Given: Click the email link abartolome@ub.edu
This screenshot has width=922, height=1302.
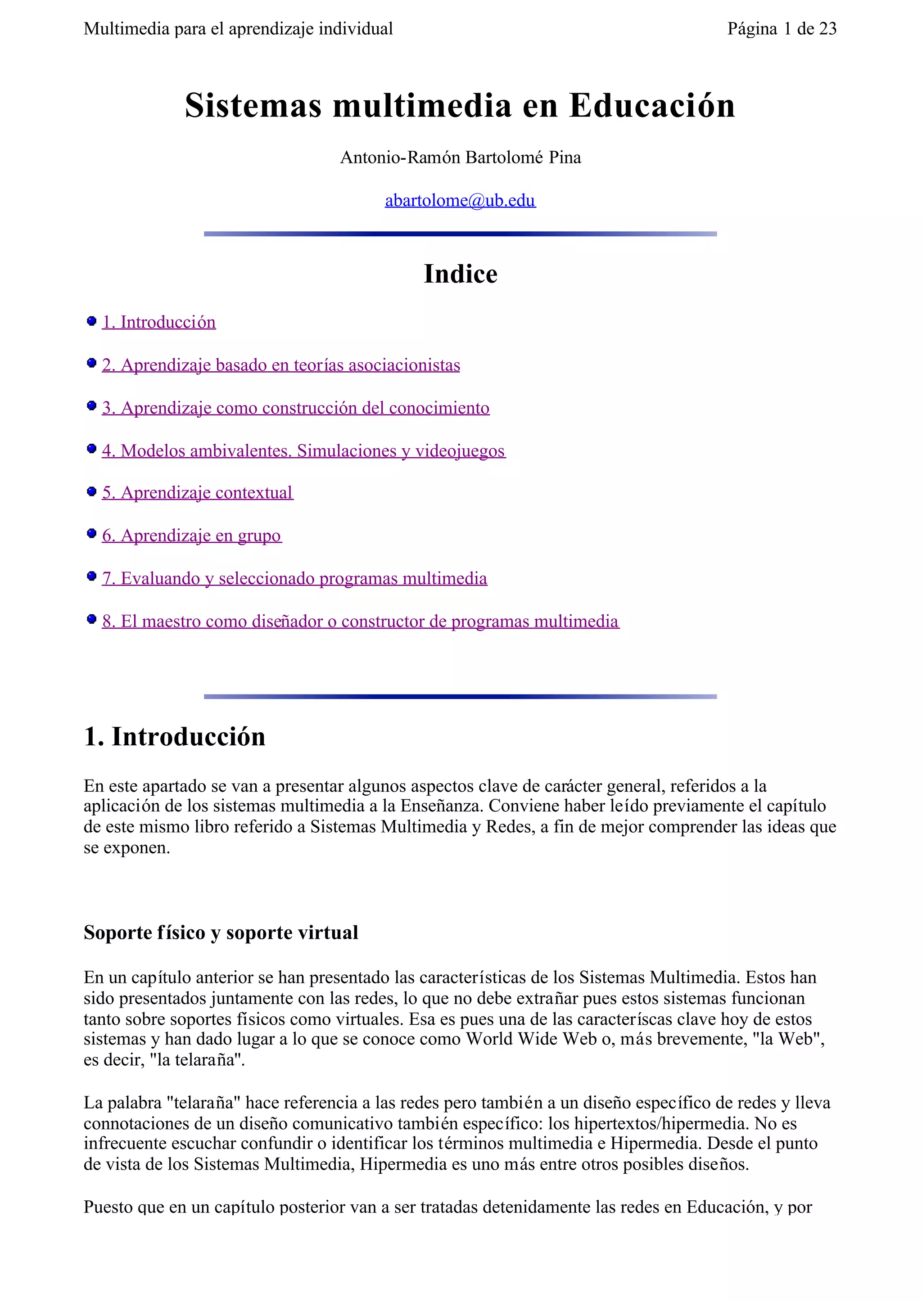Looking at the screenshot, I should point(460,200).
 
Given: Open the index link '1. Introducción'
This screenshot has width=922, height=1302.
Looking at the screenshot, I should point(159,322).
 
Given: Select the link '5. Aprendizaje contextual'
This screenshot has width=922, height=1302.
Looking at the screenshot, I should point(198,493).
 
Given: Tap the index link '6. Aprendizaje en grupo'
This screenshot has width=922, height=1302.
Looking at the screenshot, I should point(191,535).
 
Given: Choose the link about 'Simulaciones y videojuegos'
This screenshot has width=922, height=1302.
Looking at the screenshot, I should point(400,451).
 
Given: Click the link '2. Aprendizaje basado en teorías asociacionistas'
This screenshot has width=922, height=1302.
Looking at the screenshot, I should point(281,365).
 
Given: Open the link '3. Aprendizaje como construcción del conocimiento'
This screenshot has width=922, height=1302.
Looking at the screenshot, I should point(296,408).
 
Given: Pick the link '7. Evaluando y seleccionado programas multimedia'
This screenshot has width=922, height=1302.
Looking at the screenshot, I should point(295,578).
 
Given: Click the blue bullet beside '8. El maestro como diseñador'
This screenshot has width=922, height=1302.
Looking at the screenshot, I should point(91,619).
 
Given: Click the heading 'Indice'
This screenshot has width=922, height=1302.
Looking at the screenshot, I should point(461,274).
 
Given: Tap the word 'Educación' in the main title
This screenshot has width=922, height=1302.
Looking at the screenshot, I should point(652,106).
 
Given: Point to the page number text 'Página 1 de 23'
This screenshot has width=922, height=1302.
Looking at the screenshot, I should point(782,29).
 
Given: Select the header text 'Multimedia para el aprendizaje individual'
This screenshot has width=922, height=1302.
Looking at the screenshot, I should point(239,29).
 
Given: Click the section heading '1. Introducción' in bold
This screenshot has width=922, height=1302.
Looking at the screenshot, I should point(175,737).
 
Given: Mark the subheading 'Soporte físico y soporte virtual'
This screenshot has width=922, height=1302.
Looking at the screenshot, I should point(221,933).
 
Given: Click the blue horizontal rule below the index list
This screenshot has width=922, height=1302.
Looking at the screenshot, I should point(461,696).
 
